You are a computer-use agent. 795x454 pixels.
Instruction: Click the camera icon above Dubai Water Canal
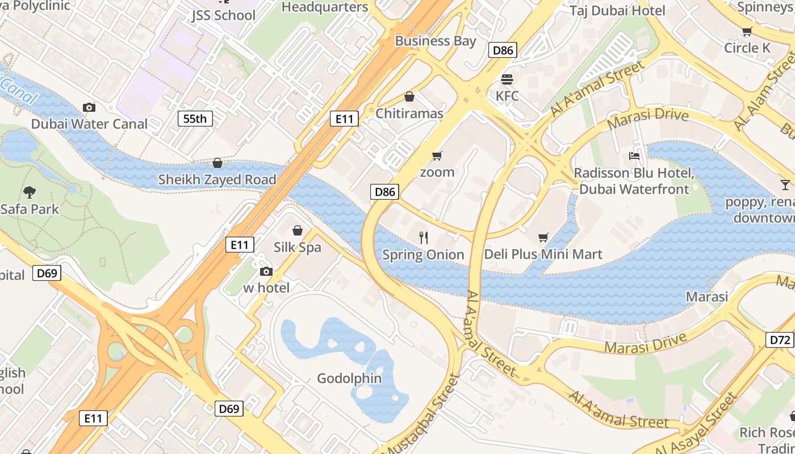pyautogui.click(x=89, y=107)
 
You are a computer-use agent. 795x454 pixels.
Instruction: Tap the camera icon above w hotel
pyautogui.click(x=266, y=272)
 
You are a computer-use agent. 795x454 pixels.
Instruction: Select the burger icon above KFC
pyautogui.click(x=507, y=79)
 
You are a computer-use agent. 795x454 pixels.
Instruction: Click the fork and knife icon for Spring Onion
pyautogui.click(x=423, y=238)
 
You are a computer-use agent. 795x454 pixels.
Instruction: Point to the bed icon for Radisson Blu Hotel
pyautogui.click(x=634, y=155)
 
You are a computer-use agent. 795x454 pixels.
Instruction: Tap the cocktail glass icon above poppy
pyautogui.click(x=785, y=184)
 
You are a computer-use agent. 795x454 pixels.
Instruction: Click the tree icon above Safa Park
pyautogui.click(x=30, y=192)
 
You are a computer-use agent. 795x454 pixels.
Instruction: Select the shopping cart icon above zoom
pyautogui.click(x=437, y=155)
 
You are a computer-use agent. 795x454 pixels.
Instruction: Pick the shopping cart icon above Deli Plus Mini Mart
pyautogui.click(x=543, y=237)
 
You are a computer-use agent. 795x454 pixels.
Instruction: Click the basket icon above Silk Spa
pyautogui.click(x=297, y=230)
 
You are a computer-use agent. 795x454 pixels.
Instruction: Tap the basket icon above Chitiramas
pyautogui.click(x=409, y=97)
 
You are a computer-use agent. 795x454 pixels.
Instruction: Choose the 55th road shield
pyautogui.click(x=195, y=119)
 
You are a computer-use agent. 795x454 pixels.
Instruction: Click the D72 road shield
pyautogui.click(x=780, y=340)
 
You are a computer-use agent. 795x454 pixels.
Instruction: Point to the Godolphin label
pyautogui.click(x=349, y=378)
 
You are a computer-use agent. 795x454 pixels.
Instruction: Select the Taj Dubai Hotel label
pyautogui.click(x=617, y=11)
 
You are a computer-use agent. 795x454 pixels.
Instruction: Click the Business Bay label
pyautogui.click(x=436, y=41)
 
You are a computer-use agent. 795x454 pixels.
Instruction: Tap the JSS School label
pyautogui.click(x=223, y=15)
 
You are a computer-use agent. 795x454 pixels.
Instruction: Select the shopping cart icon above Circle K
pyautogui.click(x=747, y=32)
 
